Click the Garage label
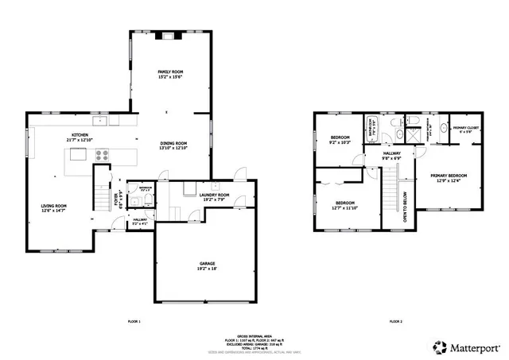207,266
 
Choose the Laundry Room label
214,196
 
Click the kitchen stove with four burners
103,157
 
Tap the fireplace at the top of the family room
170,35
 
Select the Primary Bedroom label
449,176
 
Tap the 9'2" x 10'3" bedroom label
340,141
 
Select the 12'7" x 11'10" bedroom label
344,205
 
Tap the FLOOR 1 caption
134,321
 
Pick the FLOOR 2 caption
395,321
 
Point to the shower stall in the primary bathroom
413,137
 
